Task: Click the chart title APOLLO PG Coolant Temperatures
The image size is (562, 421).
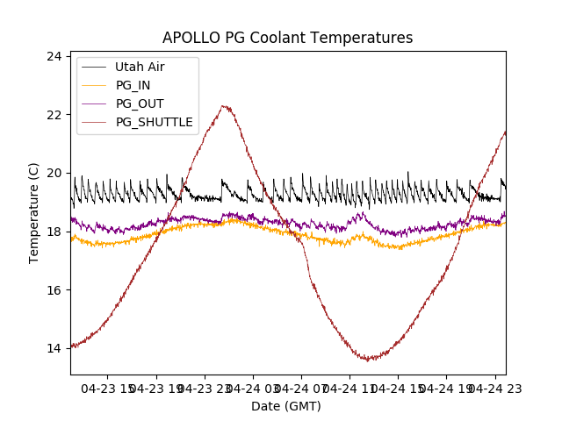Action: tap(287, 38)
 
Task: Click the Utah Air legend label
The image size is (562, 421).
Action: tap(140, 67)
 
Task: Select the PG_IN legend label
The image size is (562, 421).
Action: tap(133, 85)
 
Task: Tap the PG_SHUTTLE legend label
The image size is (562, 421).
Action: tap(154, 122)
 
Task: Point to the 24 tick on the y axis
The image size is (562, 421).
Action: tap(54, 56)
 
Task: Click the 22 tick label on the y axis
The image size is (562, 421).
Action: tap(54, 115)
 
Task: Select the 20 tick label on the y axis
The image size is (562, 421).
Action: tap(54, 173)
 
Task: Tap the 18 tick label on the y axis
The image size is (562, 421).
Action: tap(54, 232)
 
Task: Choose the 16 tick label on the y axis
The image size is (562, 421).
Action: tap(54, 290)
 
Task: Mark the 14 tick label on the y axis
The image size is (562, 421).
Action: tap(54, 348)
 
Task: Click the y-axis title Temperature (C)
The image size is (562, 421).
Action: tap(34, 213)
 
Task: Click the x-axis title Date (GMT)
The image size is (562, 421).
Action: tap(286, 406)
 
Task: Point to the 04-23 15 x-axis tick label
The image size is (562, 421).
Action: tap(108, 388)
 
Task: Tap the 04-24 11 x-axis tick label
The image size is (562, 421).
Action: tap(349, 388)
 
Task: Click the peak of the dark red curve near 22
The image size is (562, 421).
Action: tap(226, 107)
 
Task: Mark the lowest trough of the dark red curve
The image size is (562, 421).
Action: tap(369, 359)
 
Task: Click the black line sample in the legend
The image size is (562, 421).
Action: tap(95, 67)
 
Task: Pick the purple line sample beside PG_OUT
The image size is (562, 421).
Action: tap(95, 103)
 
